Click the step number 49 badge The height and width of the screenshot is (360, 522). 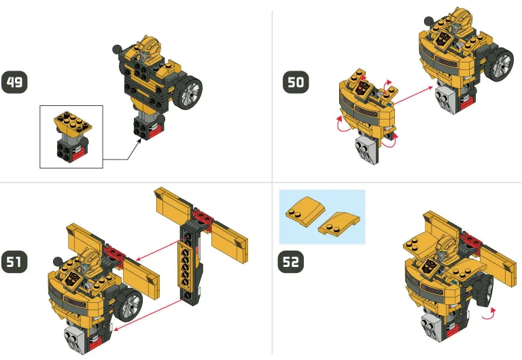pos(14,83)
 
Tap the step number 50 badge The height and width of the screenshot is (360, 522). pos(296,83)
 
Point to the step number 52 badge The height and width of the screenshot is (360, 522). pos(291,262)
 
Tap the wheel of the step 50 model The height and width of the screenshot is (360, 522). pos(502,65)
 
